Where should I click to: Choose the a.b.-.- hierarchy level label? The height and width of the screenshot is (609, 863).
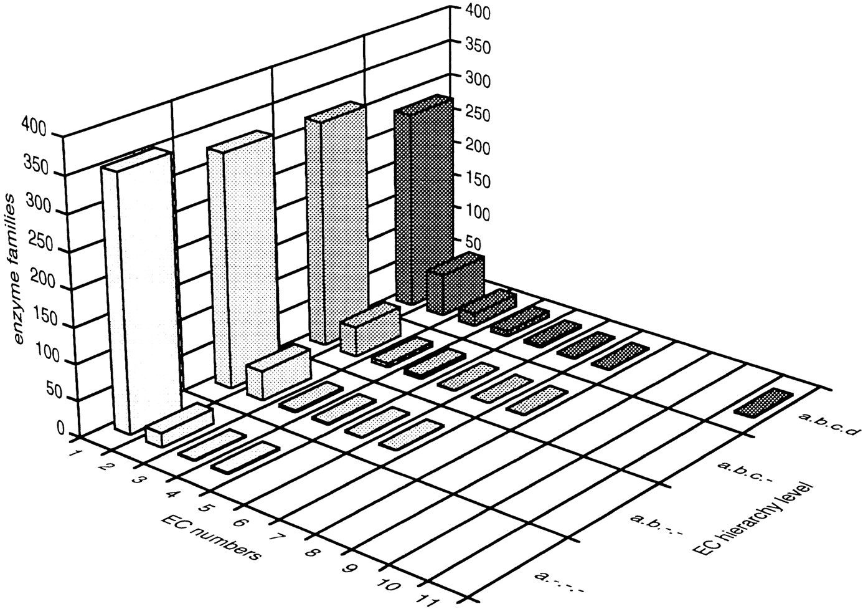[658, 525]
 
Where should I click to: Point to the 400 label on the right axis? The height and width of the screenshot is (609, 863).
[478, 12]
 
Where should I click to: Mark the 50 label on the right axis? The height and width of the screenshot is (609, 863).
[473, 243]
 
